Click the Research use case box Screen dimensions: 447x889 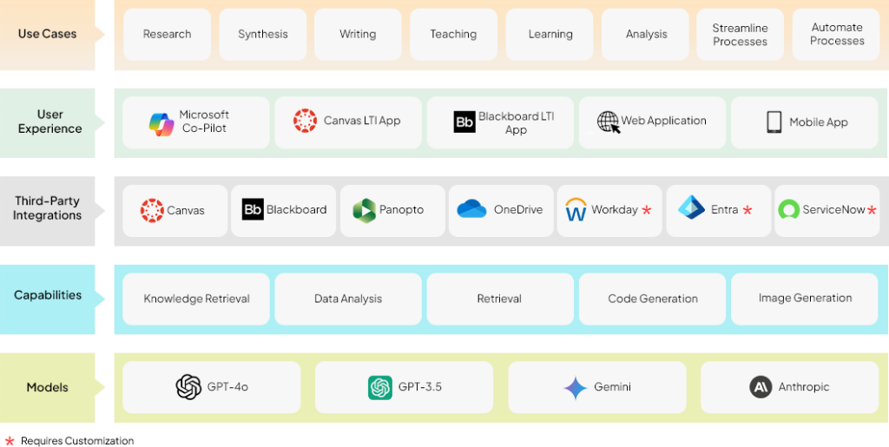pyautogui.click(x=167, y=35)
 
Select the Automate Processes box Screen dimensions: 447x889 pyautogui.click(x=837, y=35)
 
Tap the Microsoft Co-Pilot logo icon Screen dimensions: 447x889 pyautogui.click(x=161, y=123)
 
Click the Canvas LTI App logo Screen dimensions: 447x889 pyautogui.click(x=305, y=121)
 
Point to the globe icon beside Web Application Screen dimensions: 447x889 pyautogui.click(x=609, y=122)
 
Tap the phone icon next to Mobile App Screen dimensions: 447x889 pyautogui.click(x=774, y=122)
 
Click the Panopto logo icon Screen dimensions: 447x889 pyautogui.click(x=364, y=210)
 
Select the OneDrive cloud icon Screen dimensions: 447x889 pyautogui.click(x=471, y=209)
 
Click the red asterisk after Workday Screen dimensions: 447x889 pyautogui.click(x=647, y=211)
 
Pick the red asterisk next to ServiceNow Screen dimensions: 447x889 pyautogui.click(x=872, y=211)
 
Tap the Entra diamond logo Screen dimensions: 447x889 pyautogui.click(x=692, y=208)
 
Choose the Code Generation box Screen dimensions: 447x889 pyautogui.click(x=652, y=299)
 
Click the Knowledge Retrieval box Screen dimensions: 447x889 pyautogui.click(x=196, y=299)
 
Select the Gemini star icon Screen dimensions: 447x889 pyautogui.click(x=575, y=387)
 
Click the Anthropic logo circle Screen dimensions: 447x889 pyautogui.click(x=761, y=387)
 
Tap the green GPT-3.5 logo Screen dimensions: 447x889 pyautogui.click(x=379, y=387)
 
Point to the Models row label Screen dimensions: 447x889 pyautogui.click(x=47, y=387)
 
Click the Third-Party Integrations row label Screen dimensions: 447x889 pyautogui.click(x=47, y=208)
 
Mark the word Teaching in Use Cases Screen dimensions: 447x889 pyautogui.click(x=453, y=35)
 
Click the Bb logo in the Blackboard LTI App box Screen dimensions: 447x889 pyautogui.click(x=464, y=122)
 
